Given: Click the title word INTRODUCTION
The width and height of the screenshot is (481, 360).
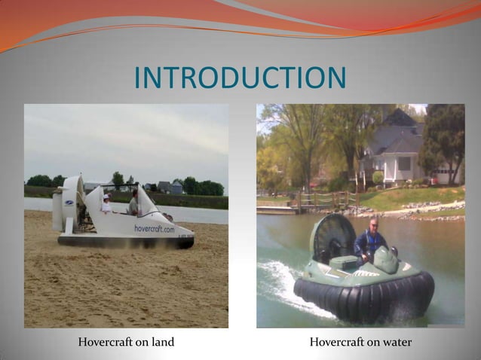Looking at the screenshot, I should [240, 78].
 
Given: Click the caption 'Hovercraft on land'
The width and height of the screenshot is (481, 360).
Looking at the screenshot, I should [126, 343].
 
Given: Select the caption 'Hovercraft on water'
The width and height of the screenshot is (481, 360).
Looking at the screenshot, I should [360, 343].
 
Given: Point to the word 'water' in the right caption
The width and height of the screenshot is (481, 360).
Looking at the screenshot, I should [396, 343].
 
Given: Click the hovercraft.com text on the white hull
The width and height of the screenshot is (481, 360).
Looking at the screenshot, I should [154, 228].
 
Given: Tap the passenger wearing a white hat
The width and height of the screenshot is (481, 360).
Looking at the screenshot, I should [106, 203].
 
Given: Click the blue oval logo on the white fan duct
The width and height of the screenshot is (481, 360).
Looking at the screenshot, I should [69, 203].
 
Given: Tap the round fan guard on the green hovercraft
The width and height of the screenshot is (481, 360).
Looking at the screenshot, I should [331, 236].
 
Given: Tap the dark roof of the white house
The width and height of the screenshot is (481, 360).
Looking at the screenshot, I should [400, 136].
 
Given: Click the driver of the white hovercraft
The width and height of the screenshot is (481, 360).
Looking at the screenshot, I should [133, 202].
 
